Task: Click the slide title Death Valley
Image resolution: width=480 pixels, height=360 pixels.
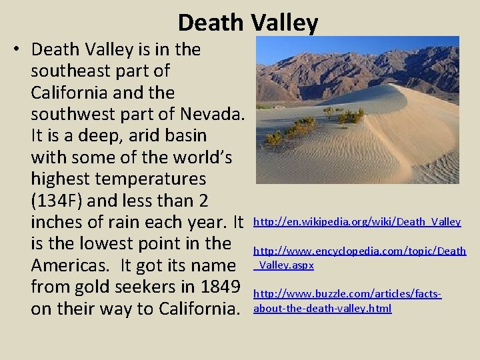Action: (x=247, y=23)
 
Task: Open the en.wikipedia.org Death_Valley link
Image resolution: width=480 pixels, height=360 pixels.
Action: (x=357, y=222)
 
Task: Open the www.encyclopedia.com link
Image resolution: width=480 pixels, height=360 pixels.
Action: (x=359, y=251)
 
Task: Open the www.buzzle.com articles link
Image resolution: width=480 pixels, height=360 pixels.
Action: (x=347, y=294)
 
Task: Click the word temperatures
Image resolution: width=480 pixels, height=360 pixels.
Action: (x=151, y=179)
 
